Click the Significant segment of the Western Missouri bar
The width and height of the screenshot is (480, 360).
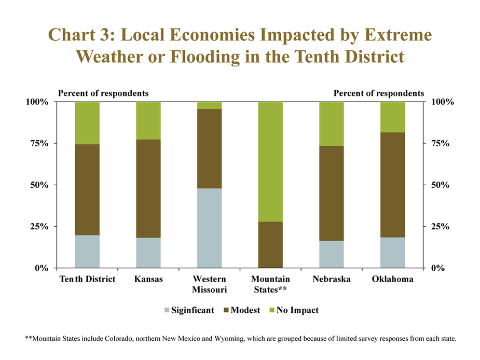tap(210, 228)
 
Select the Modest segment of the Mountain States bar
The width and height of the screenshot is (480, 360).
tap(270, 245)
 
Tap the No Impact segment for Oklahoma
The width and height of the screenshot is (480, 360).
tap(393, 117)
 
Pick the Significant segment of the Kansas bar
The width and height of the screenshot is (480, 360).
tap(148, 253)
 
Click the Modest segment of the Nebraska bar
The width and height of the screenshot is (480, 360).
tap(332, 193)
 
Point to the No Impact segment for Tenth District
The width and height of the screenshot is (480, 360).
tap(87, 123)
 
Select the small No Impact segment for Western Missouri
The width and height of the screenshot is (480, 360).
tap(210, 105)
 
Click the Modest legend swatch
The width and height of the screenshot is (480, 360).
tap(227, 310)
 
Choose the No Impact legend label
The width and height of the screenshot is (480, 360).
tap(297, 310)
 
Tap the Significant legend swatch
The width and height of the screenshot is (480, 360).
tap(167, 310)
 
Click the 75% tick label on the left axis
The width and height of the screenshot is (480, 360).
tap(39, 143)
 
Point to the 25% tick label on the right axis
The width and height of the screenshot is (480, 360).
tap(440, 227)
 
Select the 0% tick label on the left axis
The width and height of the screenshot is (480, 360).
tap(42, 268)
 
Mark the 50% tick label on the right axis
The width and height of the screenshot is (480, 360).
tap(440, 185)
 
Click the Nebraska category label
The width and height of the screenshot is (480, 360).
tap(332, 279)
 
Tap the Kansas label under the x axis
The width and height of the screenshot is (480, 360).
tap(148, 279)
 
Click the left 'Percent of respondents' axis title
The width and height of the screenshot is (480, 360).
tap(103, 93)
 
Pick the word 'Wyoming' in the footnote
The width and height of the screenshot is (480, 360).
tap(229, 339)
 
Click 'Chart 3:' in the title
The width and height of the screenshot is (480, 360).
tap(81, 35)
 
